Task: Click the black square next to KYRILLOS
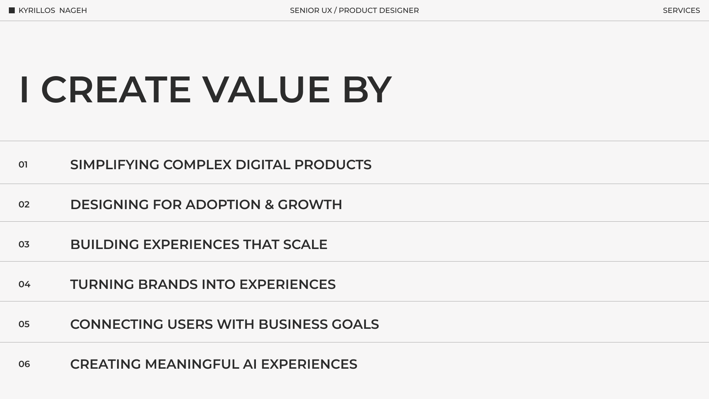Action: (x=12, y=10)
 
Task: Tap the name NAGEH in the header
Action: (x=73, y=10)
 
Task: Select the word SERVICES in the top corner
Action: (x=681, y=10)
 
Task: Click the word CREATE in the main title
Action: (x=116, y=89)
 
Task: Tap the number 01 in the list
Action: (x=23, y=165)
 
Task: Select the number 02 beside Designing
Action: (x=24, y=205)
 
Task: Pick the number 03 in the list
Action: (x=24, y=245)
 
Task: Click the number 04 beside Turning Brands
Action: (x=24, y=284)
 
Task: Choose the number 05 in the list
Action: (x=24, y=324)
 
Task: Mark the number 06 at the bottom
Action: (x=24, y=364)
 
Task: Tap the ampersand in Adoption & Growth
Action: (x=269, y=205)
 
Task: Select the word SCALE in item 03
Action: (x=305, y=245)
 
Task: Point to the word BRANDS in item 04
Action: (x=168, y=284)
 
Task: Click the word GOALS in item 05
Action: (x=355, y=324)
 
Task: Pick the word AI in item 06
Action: (x=250, y=364)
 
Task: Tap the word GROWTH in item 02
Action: (x=310, y=205)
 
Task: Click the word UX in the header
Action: (x=327, y=10)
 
